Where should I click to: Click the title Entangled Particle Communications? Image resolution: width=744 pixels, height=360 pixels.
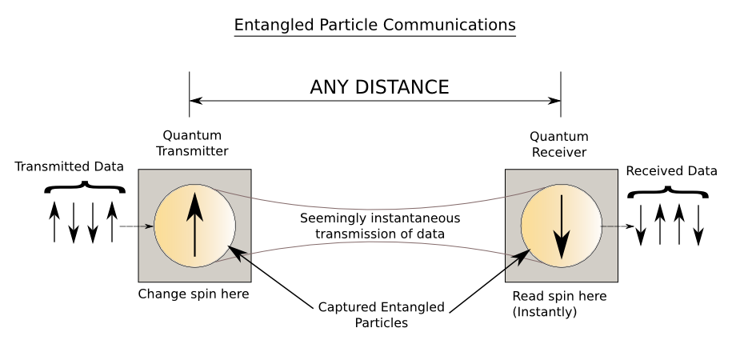coord(375,25)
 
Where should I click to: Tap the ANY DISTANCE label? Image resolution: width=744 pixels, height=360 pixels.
coord(379,87)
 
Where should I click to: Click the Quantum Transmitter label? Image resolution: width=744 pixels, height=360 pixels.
coord(192,143)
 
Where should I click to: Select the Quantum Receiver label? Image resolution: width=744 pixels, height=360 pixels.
coord(559,144)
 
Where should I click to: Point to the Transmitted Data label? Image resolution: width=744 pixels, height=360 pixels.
coord(70,166)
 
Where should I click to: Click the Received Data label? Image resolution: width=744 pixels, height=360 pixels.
coord(671,170)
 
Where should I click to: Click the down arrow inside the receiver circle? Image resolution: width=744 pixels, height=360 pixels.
coord(562,226)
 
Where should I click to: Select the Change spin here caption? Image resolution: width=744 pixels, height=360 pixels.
coord(194,294)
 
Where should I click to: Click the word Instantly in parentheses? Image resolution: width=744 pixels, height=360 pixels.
coord(545,312)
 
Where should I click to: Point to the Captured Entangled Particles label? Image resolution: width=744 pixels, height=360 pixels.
coord(381,315)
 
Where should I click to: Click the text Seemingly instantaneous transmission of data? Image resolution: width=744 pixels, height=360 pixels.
coord(380,226)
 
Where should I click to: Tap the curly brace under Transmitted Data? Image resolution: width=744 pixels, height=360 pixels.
coord(85,187)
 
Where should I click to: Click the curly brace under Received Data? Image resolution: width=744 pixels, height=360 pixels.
coord(668,192)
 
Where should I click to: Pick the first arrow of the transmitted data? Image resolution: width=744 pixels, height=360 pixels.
coord(54,222)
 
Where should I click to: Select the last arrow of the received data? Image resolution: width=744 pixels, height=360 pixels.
coord(698,226)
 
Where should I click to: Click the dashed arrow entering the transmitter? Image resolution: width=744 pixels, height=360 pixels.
coord(136,226)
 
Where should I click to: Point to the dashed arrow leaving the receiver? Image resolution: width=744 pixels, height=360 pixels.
coord(618,226)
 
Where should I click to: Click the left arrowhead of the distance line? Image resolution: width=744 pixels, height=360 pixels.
coord(196,101)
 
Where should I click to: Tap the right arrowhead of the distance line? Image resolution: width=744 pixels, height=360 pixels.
coord(554,101)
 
